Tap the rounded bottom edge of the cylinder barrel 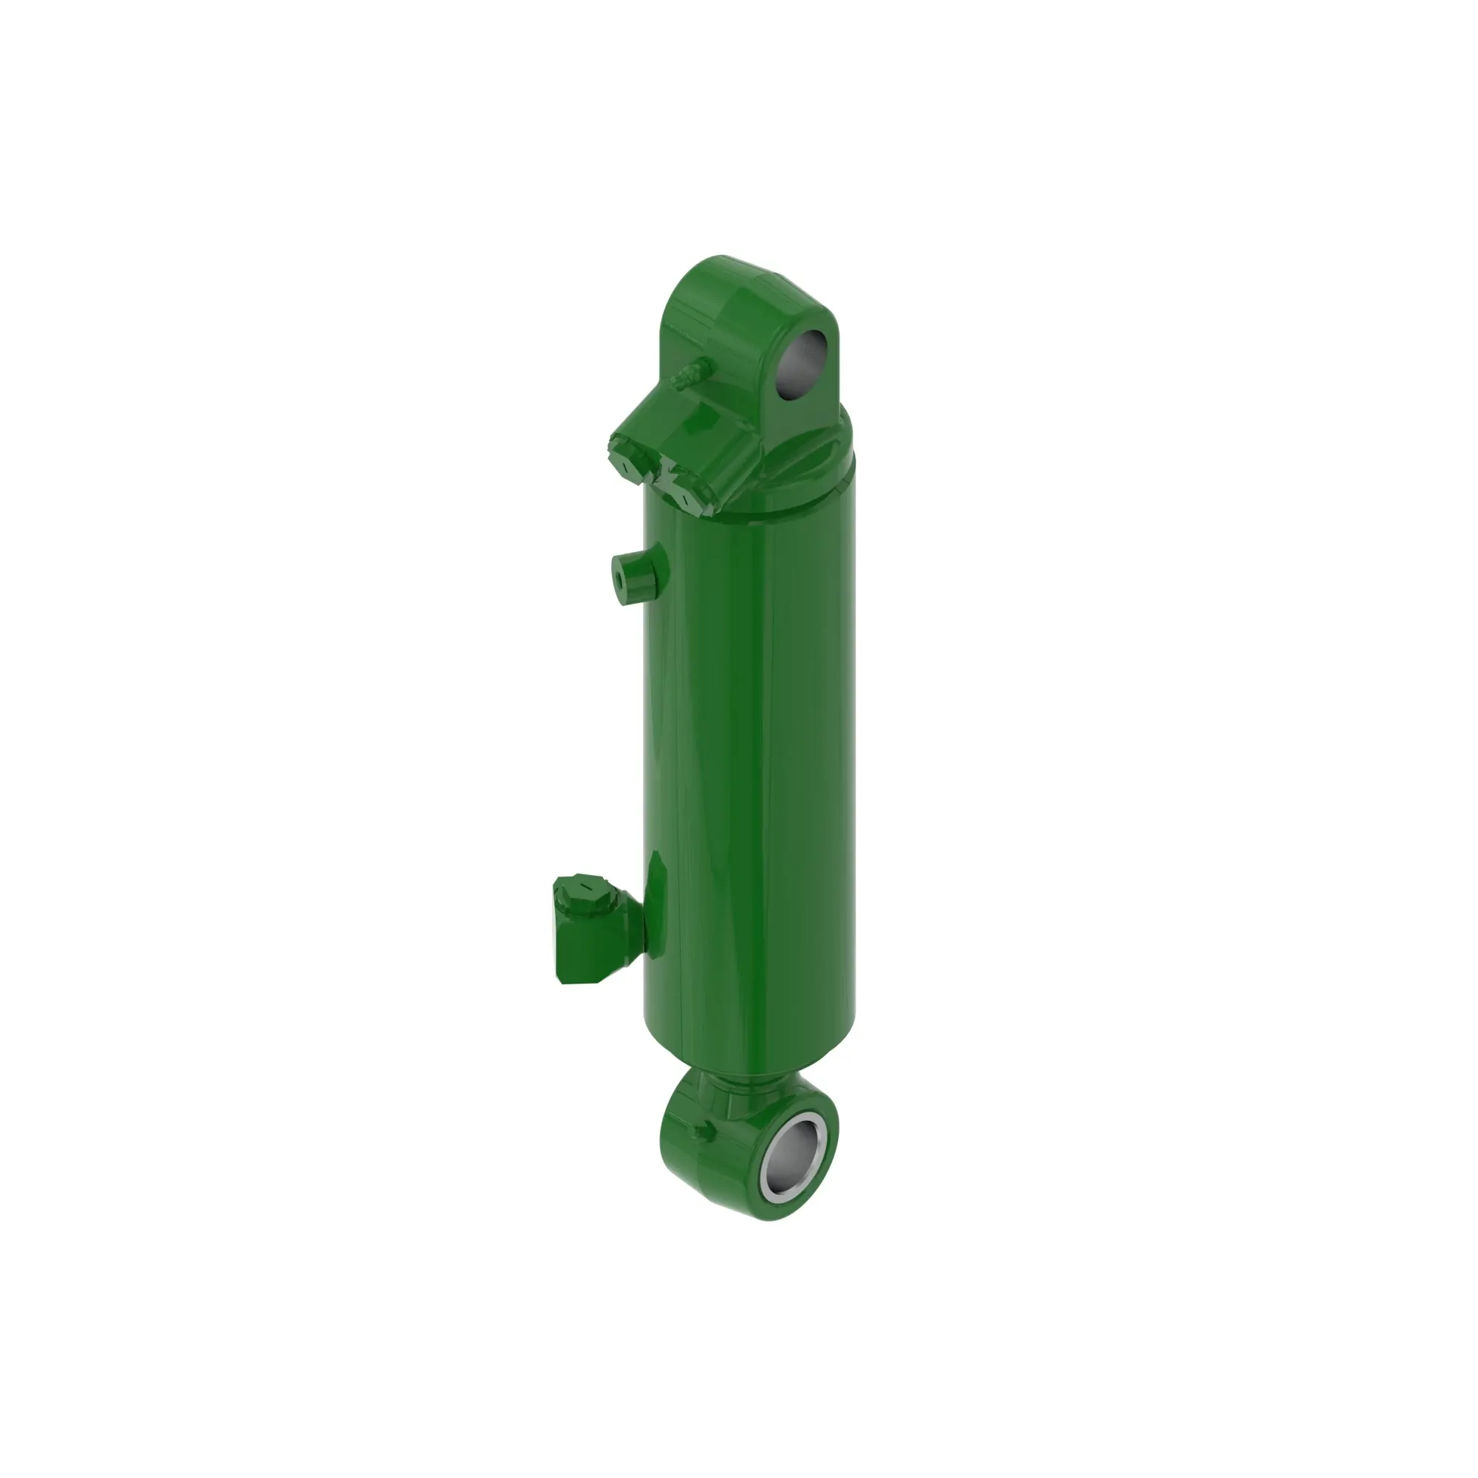click(x=749, y=1060)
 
